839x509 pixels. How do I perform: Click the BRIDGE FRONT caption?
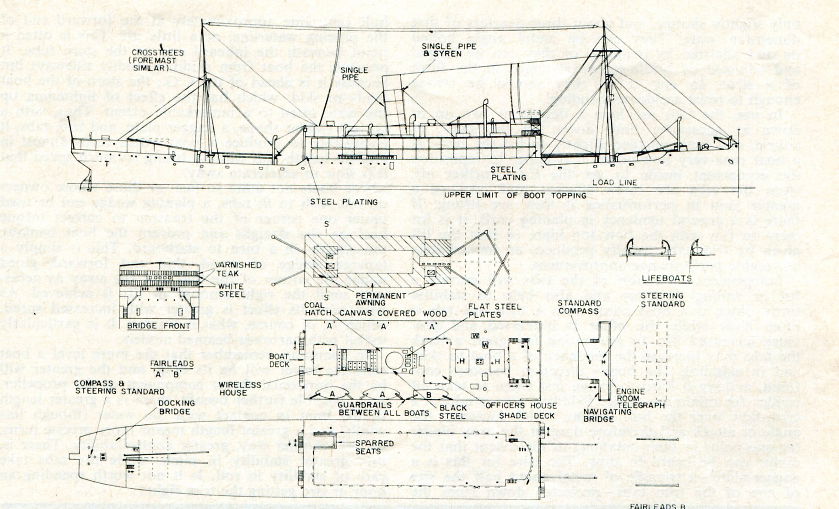point(159,326)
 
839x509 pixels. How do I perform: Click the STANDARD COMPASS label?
point(579,307)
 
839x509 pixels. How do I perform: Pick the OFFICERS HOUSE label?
point(521,405)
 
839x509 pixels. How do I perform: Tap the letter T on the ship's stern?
point(107,163)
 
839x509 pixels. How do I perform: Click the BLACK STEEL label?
point(453,412)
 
